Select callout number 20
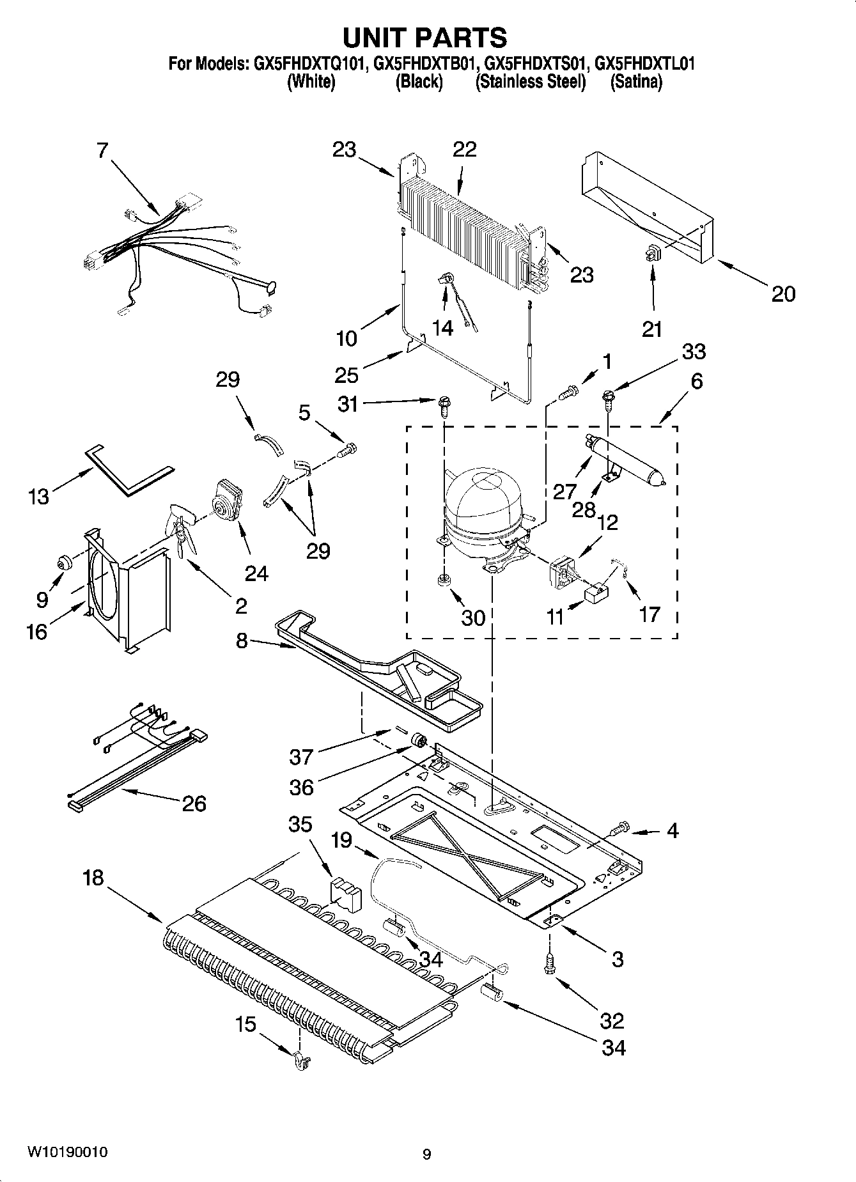(782, 294)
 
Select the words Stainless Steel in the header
(530, 82)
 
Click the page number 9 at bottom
(426, 1154)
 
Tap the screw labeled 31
(442, 404)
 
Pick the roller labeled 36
(419, 742)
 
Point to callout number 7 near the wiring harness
(102, 151)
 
